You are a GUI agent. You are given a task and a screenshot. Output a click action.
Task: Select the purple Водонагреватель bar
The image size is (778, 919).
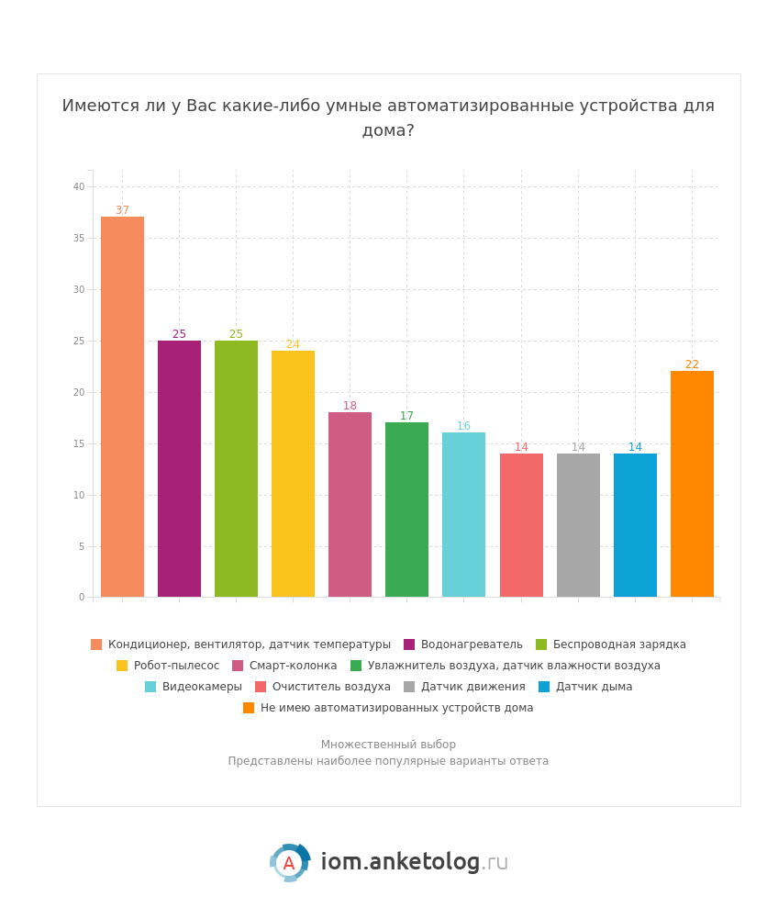(x=179, y=468)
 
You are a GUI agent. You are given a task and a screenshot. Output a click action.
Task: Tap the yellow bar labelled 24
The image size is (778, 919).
(x=293, y=474)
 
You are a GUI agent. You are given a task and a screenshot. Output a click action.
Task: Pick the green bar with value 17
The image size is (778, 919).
(x=406, y=510)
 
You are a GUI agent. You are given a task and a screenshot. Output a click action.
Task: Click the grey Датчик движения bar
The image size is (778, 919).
(x=578, y=525)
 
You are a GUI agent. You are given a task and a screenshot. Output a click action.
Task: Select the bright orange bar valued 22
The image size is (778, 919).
(x=692, y=484)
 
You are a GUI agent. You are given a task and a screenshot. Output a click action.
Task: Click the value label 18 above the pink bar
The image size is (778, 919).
(x=350, y=406)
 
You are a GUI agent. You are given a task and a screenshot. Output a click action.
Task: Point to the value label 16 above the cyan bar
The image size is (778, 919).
(x=463, y=426)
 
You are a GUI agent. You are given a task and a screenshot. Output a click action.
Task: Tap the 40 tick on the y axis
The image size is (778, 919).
(x=79, y=186)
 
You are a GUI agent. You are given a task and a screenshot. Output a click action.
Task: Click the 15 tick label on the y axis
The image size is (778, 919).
(x=79, y=443)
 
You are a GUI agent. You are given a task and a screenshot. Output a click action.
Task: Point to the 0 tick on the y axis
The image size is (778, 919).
(x=82, y=597)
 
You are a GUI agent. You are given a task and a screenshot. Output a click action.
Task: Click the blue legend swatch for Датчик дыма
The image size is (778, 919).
(x=544, y=687)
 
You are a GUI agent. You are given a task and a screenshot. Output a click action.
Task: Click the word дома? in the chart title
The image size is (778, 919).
(x=388, y=130)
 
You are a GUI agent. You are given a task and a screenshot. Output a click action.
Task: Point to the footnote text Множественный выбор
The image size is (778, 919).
(x=388, y=745)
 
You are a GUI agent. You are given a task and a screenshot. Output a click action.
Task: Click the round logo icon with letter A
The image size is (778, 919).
(x=289, y=863)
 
